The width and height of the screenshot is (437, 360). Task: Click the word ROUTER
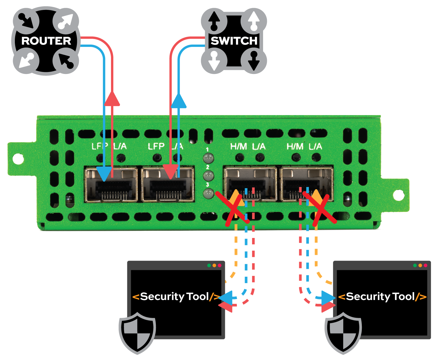[46, 41]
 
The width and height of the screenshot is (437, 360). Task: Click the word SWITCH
[234, 41]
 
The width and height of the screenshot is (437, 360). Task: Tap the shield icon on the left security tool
[137, 332]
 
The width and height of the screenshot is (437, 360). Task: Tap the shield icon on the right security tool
[343, 332]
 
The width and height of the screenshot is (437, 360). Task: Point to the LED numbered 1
[208, 158]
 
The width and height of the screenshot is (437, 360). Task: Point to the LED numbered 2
[208, 176]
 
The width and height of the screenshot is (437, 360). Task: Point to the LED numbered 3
[208, 193]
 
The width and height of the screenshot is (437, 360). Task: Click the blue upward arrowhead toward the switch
[179, 101]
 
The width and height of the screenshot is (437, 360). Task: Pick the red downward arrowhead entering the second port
[170, 172]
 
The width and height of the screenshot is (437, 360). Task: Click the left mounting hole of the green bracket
[19, 158]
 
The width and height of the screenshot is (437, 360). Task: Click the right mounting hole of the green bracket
[399, 194]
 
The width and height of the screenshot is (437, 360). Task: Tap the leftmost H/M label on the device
[238, 147]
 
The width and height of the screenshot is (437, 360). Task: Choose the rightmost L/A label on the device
[316, 147]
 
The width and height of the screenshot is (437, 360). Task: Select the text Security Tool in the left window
[175, 297]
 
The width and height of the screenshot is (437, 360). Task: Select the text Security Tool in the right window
[380, 297]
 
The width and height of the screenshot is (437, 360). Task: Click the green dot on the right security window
[415, 265]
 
